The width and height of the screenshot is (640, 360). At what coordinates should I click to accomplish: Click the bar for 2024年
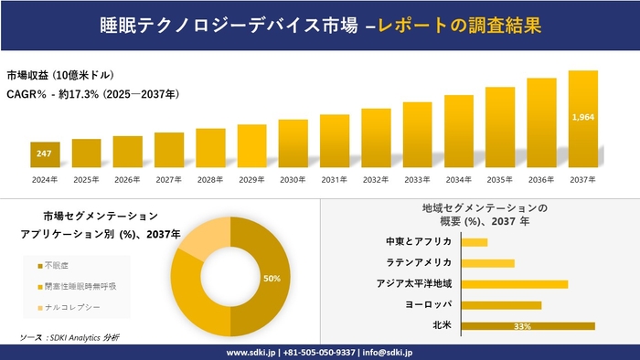point(44,155)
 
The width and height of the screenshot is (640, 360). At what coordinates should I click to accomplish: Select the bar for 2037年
point(582,120)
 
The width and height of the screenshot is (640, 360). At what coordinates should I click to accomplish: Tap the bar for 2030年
point(293,143)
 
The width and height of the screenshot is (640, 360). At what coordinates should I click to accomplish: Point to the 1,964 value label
point(582,117)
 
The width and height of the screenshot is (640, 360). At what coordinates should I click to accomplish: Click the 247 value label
point(44,154)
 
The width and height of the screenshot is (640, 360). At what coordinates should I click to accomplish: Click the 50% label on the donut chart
point(272,278)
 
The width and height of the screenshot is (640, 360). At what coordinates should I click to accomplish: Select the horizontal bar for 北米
point(528,325)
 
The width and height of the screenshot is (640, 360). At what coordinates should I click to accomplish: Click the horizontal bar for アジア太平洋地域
point(515,283)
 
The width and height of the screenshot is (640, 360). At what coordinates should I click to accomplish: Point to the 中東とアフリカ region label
point(419,241)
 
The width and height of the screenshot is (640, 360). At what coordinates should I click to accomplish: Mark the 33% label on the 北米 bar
point(523,326)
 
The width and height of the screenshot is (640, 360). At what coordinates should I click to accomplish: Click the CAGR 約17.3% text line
point(92,94)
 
